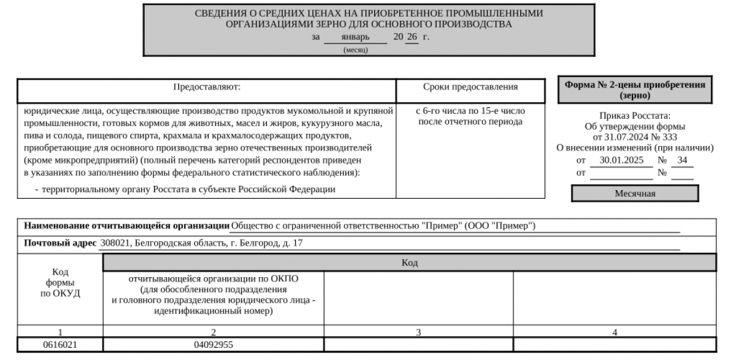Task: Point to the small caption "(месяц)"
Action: [355, 50]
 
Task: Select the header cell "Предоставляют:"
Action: [207, 87]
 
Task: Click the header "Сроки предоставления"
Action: [471, 87]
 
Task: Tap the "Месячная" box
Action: [635, 194]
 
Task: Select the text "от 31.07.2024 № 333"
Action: [635, 137]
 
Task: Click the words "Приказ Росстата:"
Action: [635, 115]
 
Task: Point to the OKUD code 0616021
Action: [61, 345]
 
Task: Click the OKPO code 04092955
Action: [213, 345]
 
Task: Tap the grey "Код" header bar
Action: [409, 263]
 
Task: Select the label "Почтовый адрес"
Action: [60, 243]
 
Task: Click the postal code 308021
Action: [114, 243]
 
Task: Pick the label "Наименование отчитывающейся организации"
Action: [127, 226]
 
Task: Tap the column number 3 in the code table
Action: [418, 332]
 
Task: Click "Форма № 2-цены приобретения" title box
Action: [635, 90]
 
